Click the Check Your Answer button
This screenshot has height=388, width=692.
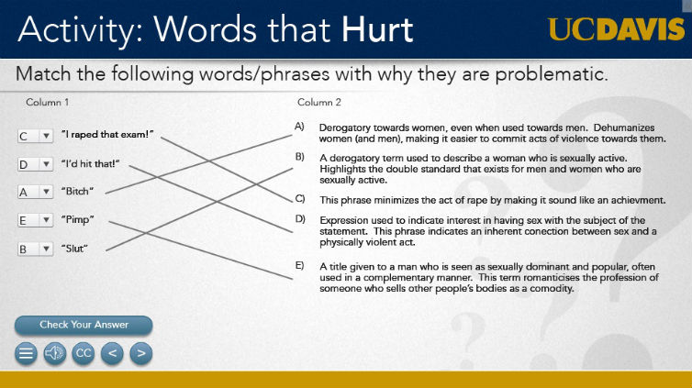coord(84,325)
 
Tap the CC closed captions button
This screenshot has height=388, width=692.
coord(84,353)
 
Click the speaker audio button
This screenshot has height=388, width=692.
coord(55,353)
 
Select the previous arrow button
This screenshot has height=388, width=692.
coord(112,353)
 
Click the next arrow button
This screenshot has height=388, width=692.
coord(141,353)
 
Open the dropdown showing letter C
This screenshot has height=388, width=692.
coord(35,136)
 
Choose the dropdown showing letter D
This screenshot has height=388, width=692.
coord(35,164)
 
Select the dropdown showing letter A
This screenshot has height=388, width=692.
coord(35,192)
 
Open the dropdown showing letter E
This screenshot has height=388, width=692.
coord(35,220)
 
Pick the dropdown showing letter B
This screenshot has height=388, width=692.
coord(35,249)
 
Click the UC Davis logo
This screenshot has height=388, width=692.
coord(616,29)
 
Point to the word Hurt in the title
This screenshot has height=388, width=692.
coord(377,30)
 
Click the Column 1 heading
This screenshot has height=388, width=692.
coord(47,103)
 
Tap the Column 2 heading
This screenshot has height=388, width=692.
coord(319,103)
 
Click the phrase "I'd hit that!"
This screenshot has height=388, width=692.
coord(91,163)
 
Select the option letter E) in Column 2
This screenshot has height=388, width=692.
coord(300,265)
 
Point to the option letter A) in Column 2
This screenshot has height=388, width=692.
coord(300,127)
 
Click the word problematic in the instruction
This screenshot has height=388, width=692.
coord(552,74)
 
